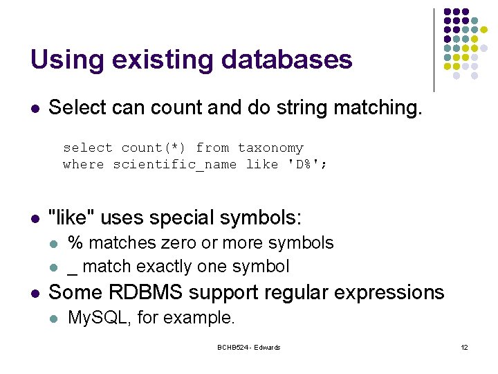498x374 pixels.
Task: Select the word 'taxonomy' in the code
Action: coord(270,148)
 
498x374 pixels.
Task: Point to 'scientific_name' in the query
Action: coord(174,165)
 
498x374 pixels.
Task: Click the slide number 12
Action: coord(464,347)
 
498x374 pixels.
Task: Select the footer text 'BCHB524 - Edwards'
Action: coord(248,347)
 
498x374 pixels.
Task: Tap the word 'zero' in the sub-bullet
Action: coord(175,243)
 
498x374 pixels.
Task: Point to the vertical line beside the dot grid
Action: coord(434,50)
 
